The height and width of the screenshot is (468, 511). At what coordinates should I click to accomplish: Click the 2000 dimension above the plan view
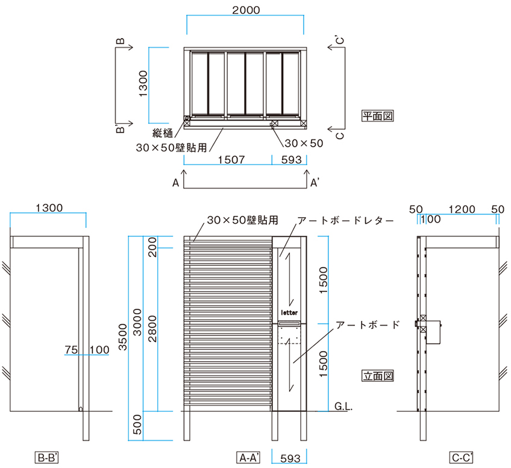[x=245, y=10]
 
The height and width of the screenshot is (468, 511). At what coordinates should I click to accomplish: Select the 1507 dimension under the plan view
[x=231, y=160]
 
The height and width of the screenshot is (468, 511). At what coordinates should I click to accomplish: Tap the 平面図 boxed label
[x=378, y=115]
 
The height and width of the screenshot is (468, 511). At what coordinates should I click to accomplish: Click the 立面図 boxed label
[x=378, y=375]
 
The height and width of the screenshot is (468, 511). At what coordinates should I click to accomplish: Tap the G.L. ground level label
[x=343, y=407]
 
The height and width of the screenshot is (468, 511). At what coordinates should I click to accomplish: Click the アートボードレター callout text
[x=345, y=221]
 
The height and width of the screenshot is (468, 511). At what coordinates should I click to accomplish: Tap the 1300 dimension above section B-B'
[x=49, y=207]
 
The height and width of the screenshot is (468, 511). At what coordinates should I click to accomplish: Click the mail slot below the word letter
[x=290, y=324]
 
